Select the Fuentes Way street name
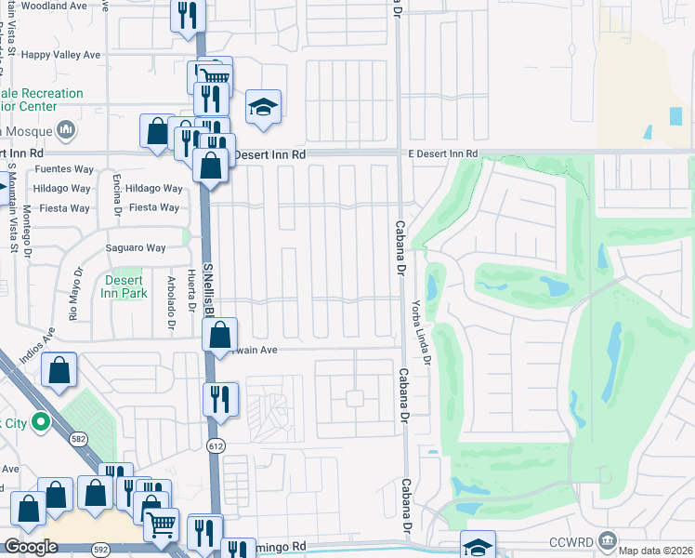coord(63,170)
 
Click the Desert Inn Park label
coord(125,286)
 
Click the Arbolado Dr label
coord(171,302)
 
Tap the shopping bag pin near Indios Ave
coord(59,370)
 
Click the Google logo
coord(31,547)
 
